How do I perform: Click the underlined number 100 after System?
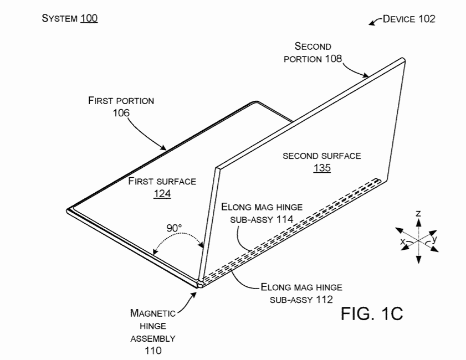(89, 18)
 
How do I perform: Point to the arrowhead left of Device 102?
(371, 23)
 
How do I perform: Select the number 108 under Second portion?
(333, 59)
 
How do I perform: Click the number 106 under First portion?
(121, 113)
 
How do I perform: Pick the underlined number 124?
(162, 194)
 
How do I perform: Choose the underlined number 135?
(322, 168)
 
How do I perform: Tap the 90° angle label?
(174, 228)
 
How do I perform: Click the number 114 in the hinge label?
(285, 219)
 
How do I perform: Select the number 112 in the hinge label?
(325, 300)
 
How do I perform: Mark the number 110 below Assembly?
(153, 351)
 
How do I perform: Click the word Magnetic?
(153, 313)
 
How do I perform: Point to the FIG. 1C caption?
(372, 313)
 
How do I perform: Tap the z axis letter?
(418, 213)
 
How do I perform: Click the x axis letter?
(403, 241)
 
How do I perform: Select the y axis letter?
(434, 239)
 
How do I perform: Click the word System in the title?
(60, 18)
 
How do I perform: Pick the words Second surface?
(322, 156)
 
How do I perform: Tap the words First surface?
(162, 181)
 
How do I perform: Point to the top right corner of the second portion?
(403, 59)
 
